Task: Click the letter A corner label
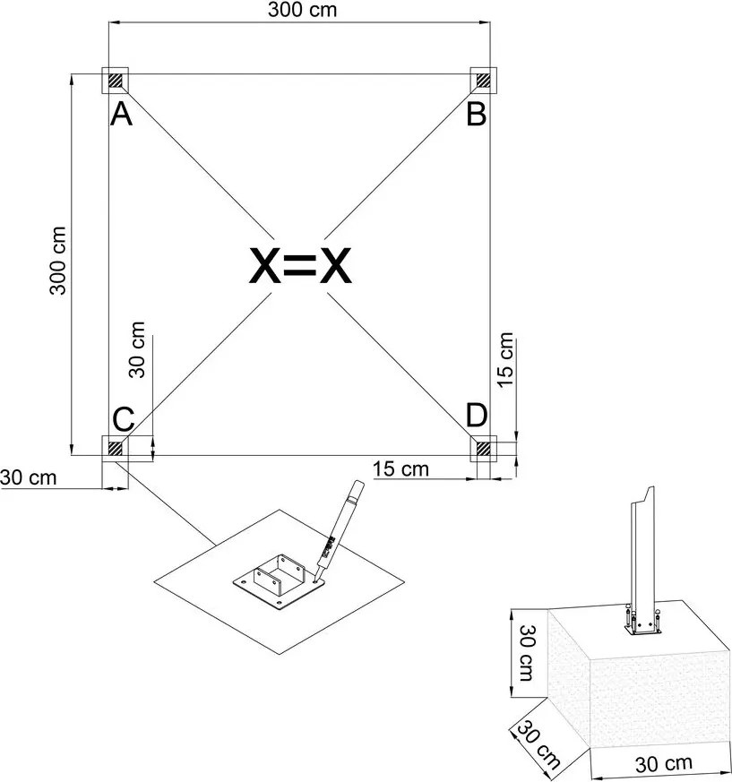[121, 115]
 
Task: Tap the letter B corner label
[477, 114]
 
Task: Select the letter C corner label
[124, 418]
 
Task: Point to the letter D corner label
[477, 416]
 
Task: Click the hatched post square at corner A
[116, 81]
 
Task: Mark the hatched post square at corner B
[484, 81]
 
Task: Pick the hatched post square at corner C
[116, 447]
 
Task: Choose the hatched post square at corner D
[484, 446]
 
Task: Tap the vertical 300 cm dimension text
[57, 259]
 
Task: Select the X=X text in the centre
[299, 265]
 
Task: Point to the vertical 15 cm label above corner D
[506, 358]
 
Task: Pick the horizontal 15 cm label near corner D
[400, 468]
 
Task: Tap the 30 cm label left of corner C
[29, 477]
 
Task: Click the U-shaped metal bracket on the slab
[275, 580]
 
